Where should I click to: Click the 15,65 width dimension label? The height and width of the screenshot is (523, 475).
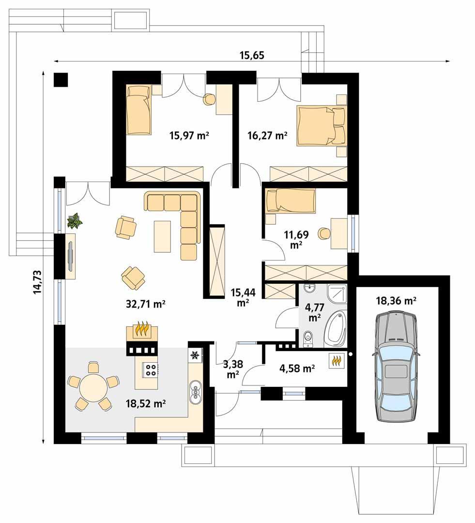(251, 55)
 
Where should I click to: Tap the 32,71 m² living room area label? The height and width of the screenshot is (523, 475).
(145, 304)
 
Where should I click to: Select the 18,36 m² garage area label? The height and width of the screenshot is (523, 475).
(397, 301)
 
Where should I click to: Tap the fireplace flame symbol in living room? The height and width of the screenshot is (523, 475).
(141, 330)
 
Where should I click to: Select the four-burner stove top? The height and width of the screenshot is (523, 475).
(151, 370)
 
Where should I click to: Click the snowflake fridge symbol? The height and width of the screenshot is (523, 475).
(195, 355)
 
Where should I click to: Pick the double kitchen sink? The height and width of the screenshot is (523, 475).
(196, 392)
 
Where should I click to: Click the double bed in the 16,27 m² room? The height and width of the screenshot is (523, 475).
(322, 125)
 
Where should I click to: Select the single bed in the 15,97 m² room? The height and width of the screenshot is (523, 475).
(138, 109)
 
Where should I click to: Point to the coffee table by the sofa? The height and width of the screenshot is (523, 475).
(163, 236)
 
